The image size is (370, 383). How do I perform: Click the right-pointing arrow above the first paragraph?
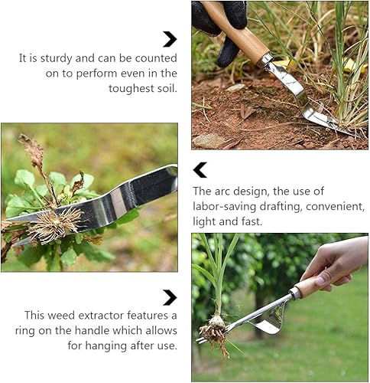pyautogui.click(x=170, y=39)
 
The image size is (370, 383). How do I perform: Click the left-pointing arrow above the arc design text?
pyautogui.click(x=200, y=170)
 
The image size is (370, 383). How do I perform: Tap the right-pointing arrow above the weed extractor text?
pyautogui.click(x=170, y=297)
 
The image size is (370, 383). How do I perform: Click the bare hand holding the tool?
pyautogui.click(x=336, y=260)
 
